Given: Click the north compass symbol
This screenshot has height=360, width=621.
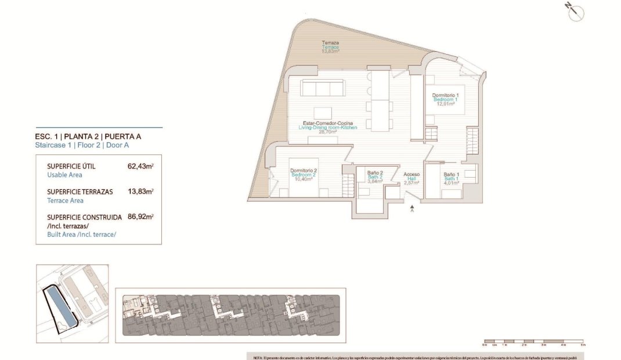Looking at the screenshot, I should pyautogui.click(x=575, y=12).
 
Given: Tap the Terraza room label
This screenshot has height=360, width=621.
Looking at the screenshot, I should pyautogui.click(x=330, y=42).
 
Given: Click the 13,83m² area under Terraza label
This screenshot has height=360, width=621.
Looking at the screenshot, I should pyautogui.click(x=330, y=51).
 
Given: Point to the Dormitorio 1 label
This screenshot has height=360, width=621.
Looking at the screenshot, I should pyautogui.click(x=446, y=95).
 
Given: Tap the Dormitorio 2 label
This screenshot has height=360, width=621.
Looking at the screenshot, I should pyautogui.click(x=303, y=171).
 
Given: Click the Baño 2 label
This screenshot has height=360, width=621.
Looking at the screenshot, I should pyautogui.click(x=375, y=172).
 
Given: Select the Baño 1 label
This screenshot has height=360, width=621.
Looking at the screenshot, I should pyautogui.click(x=452, y=174).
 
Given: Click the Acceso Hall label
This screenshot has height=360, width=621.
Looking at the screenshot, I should pyautogui.click(x=412, y=174).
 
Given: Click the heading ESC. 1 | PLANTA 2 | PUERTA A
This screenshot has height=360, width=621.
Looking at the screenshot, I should pyautogui.click(x=88, y=137).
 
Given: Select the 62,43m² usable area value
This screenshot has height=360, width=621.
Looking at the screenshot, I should pyautogui.click(x=140, y=166).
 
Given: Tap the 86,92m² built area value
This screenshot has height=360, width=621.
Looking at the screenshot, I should pyautogui.click(x=140, y=217).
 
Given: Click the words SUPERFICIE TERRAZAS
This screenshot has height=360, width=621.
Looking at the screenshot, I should pyautogui.click(x=80, y=191).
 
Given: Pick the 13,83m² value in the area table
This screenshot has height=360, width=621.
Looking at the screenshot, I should pyautogui.click(x=140, y=191).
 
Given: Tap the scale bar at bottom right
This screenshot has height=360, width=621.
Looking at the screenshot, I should pyautogui.click(x=533, y=341).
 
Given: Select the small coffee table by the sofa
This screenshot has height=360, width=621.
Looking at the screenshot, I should pyautogui.click(x=323, y=113).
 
